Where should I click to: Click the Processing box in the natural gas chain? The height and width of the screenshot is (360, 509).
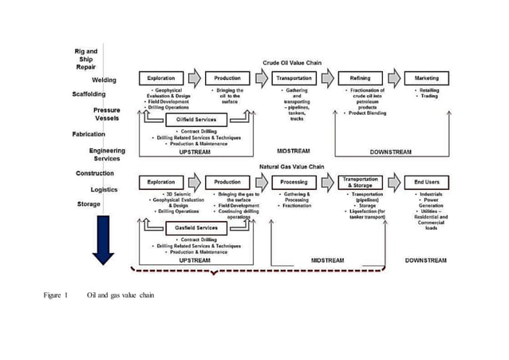[x=294, y=182]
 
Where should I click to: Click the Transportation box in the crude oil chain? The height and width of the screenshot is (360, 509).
[x=294, y=78]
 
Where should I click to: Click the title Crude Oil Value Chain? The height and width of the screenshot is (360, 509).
[x=293, y=62]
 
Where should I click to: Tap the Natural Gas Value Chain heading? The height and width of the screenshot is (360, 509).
[x=292, y=166]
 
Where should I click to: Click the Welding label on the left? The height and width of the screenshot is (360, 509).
[x=104, y=80]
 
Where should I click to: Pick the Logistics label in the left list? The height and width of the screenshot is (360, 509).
[x=103, y=189]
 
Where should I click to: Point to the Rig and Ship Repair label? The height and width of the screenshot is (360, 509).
[x=86, y=59]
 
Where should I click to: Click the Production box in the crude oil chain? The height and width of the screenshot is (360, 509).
[x=227, y=78]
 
